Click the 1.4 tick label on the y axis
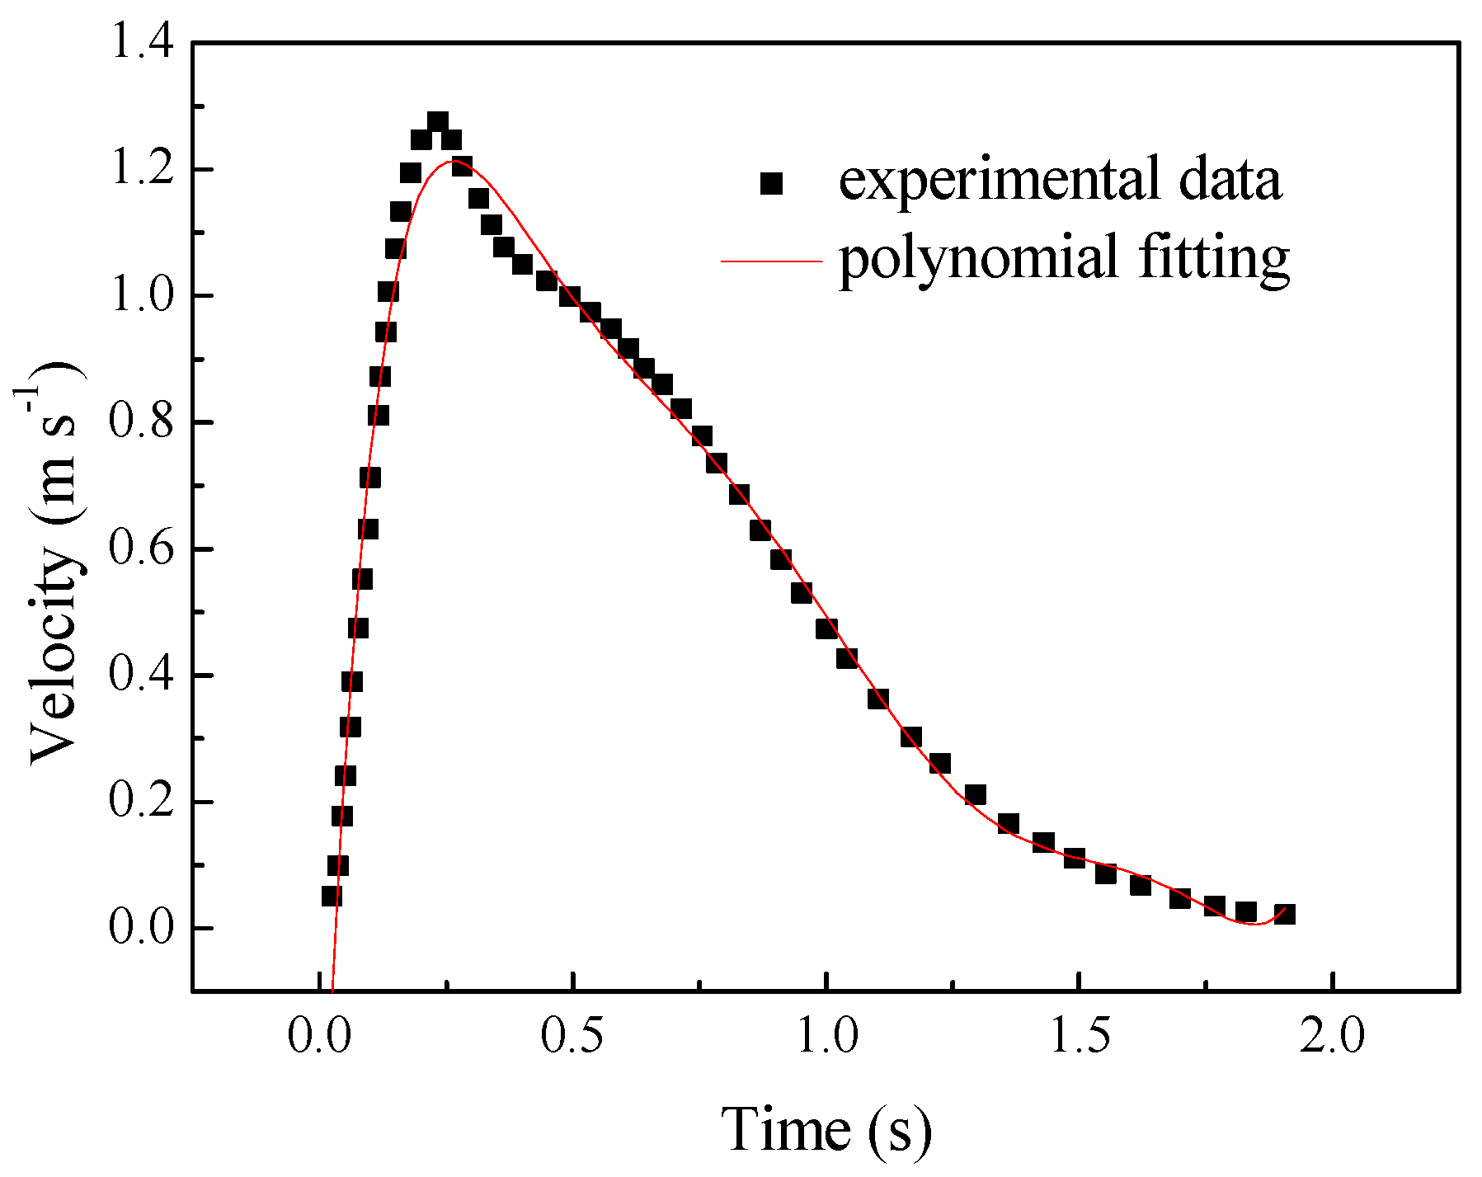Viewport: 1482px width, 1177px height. point(142,43)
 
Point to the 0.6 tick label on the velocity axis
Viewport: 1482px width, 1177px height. point(142,549)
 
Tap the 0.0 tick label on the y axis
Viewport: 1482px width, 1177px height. point(142,928)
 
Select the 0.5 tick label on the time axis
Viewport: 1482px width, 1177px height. point(572,1036)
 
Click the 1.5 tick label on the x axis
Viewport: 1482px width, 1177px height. point(1080,1036)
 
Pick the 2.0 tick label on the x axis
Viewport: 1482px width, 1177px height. point(1333,1036)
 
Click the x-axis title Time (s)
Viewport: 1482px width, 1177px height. point(827,1129)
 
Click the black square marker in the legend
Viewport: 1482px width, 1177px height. point(771,183)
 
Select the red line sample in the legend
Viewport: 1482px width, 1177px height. point(771,261)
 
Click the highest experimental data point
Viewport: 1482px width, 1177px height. point(437,122)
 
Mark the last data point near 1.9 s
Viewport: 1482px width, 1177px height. point(1284,914)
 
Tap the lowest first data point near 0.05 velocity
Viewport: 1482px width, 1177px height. point(332,896)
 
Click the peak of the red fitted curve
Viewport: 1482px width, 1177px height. point(453,161)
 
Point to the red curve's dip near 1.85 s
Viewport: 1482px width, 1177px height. point(1254,924)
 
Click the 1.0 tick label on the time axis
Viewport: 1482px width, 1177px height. point(827,1036)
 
